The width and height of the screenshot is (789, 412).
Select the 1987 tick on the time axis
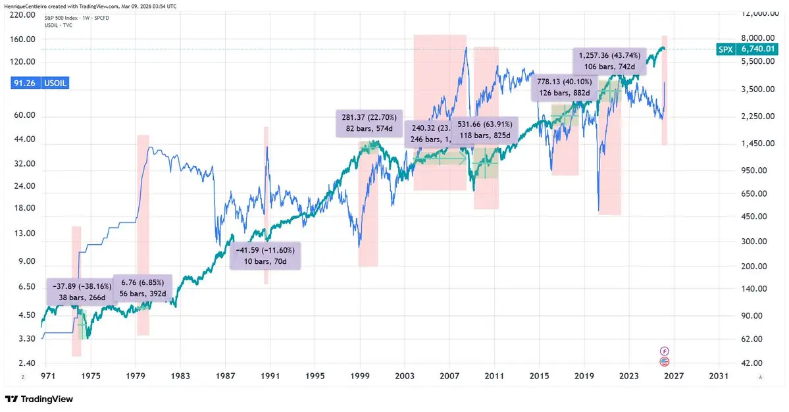pos(225,376)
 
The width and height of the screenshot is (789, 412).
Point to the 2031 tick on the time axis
pos(718,376)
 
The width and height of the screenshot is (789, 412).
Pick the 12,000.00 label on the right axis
pos(760,13)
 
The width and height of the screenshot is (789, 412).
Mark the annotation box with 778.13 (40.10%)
pos(564,88)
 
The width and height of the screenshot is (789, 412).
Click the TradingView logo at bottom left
pos(39,399)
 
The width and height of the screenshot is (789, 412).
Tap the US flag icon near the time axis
pos(664,361)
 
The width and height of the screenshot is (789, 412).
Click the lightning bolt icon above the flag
pos(664,350)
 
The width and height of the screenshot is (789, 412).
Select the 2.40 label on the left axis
pos(26,363)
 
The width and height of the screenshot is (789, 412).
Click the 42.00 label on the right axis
pos(752,363)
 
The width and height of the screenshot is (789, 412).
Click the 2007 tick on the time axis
pos(449,376)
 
